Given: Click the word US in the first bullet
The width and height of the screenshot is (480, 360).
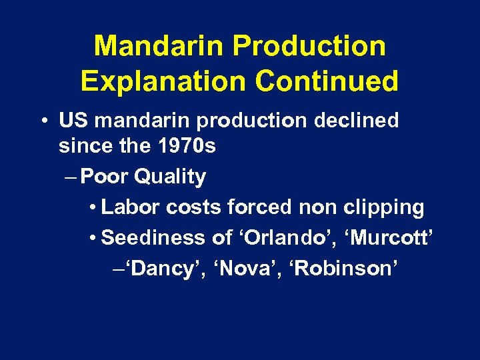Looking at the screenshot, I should (x=74, y=121).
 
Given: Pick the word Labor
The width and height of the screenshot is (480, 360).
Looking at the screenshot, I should (x=131, y=207).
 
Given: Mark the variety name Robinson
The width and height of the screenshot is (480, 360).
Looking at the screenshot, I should (x=345, y=269).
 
